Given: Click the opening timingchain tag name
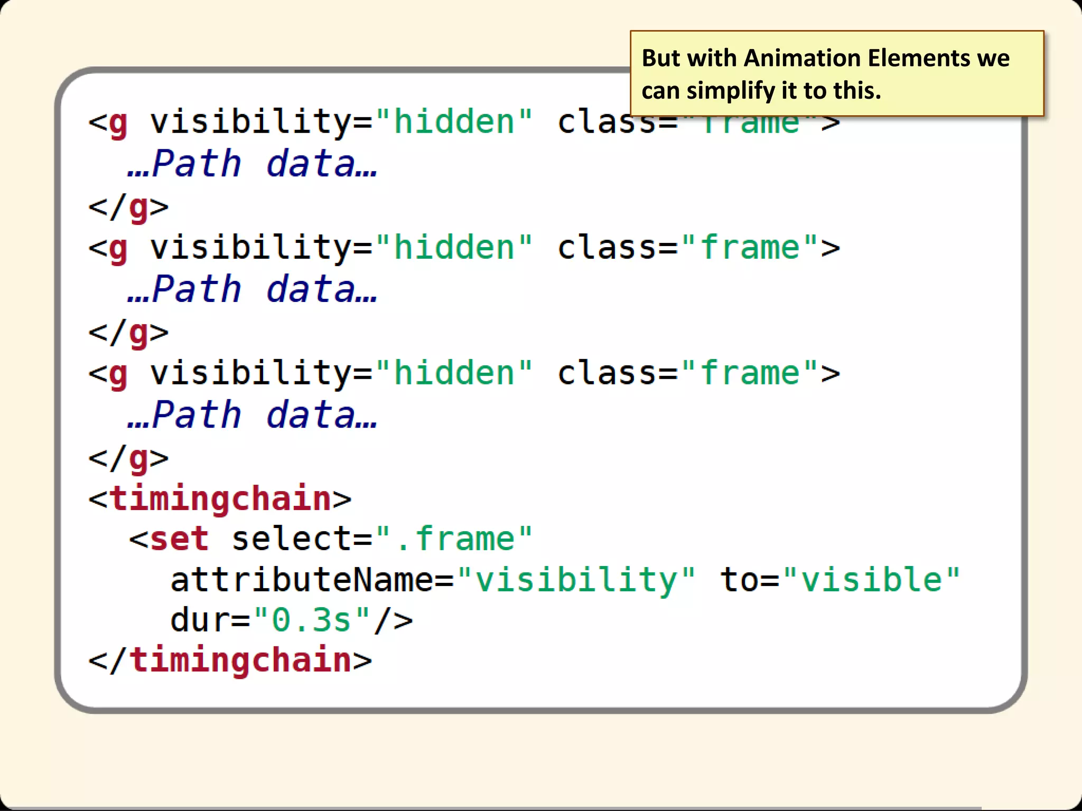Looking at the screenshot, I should pos(220,498).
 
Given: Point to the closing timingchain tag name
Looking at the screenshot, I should pos(240,660).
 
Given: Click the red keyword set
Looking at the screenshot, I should pos(180,539).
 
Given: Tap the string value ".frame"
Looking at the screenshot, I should pos(454,539).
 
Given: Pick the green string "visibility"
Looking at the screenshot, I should pos(576,580).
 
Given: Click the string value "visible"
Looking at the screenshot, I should pos(872,580).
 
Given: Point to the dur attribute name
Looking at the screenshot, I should pos(200,620).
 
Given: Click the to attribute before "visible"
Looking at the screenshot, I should pos(740,580).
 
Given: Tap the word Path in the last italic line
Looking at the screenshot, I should pos(196,415).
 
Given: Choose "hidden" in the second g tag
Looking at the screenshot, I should pos(454,247).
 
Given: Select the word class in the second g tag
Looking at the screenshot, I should pos(607,247).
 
